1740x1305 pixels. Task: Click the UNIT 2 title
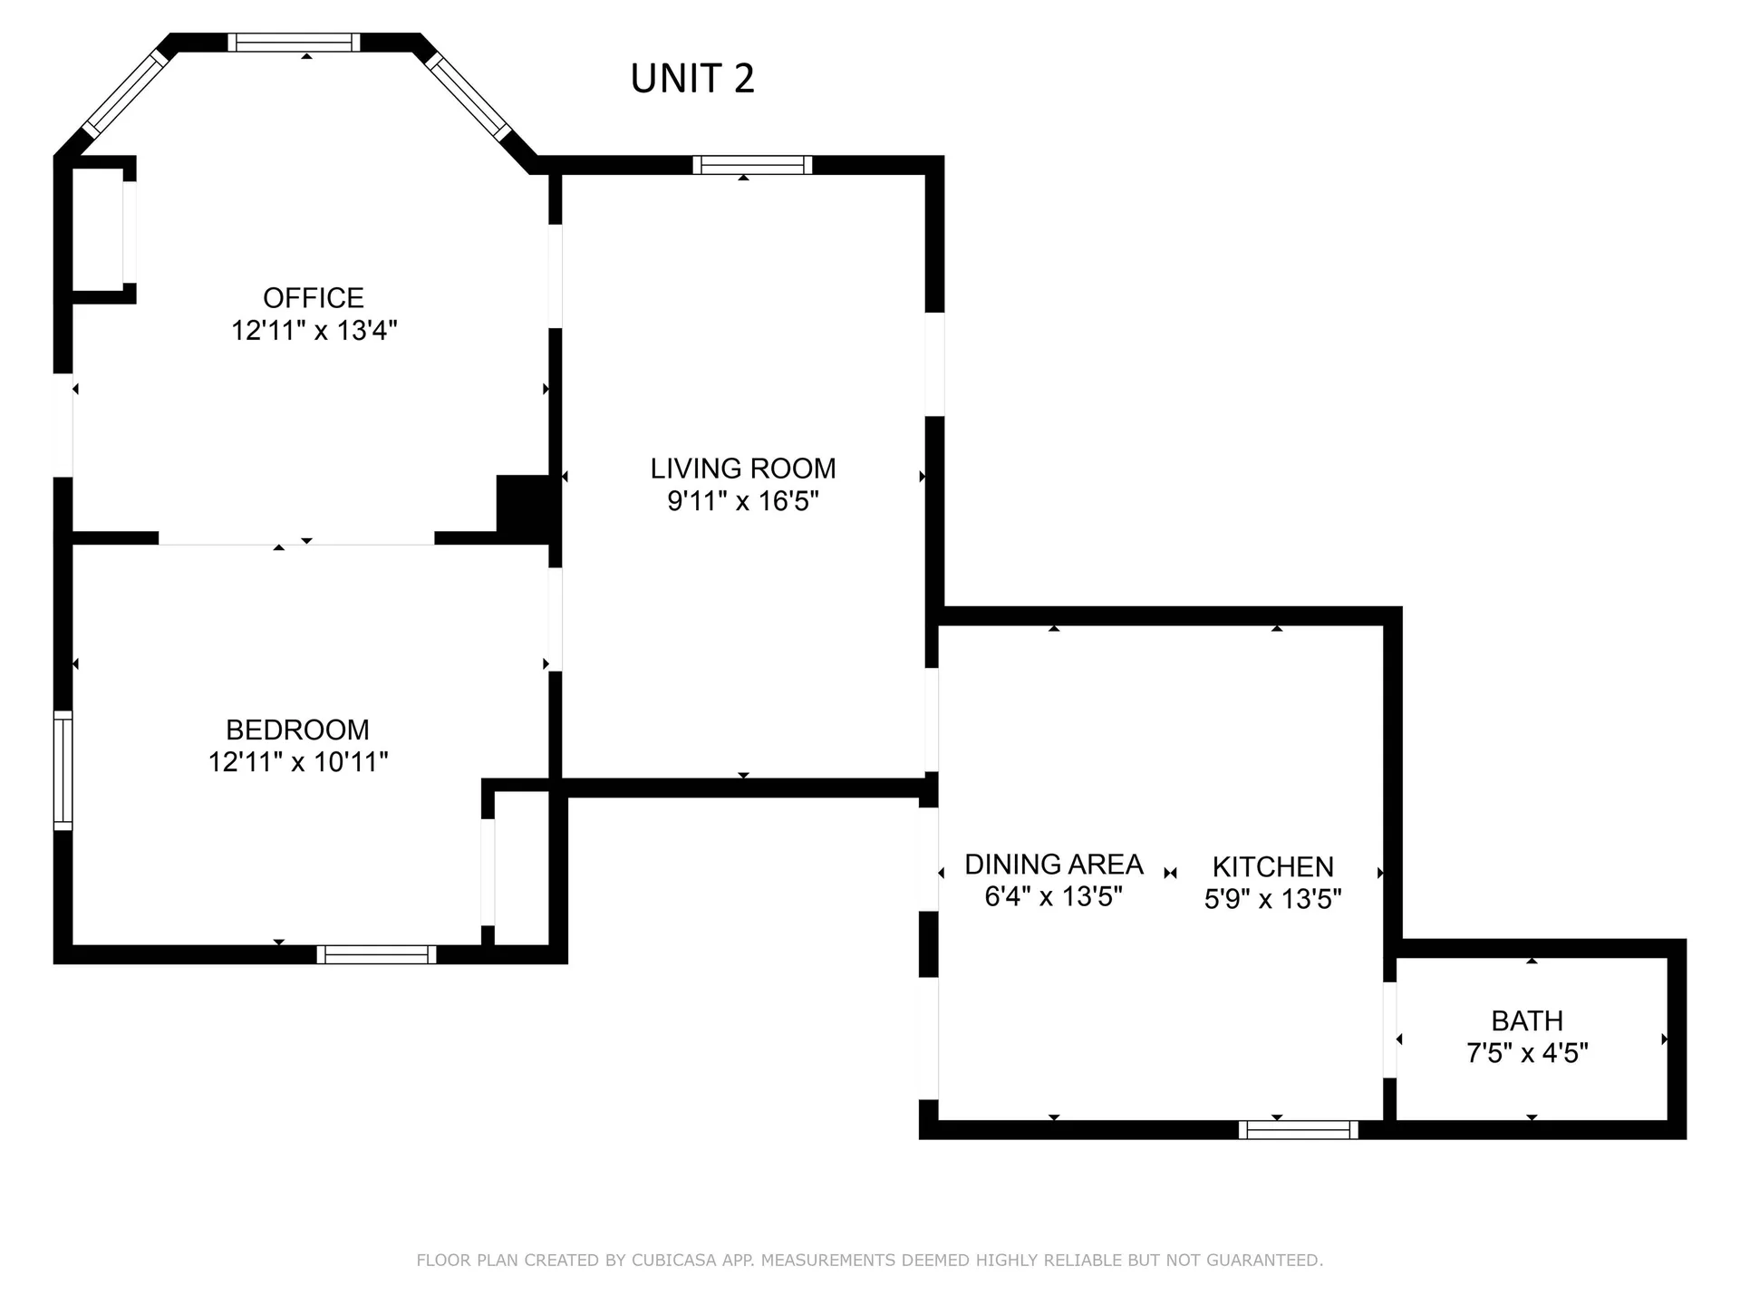point(692,79)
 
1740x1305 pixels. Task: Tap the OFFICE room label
point(314,297)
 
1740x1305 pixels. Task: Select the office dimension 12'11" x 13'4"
point(314,330)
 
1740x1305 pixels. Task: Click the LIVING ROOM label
point(743,469)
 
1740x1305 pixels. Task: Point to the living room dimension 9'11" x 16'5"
point(743,500)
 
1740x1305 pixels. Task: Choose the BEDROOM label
point(297,730)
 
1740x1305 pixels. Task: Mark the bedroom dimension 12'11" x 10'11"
point(297,761)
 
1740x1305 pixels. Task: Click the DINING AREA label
point(1053,864)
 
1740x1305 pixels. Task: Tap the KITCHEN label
point(1272,866)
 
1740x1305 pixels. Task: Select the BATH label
point(1527,1020)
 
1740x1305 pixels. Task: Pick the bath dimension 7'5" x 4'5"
point(1527,1053)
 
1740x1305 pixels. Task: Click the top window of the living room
point(752,165)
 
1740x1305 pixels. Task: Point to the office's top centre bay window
point(294,43)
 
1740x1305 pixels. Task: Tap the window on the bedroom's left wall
point(63,770)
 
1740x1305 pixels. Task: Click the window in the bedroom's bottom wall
point(376,954)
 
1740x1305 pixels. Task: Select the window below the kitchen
point(1298,1129)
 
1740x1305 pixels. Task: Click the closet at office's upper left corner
point(98,230)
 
